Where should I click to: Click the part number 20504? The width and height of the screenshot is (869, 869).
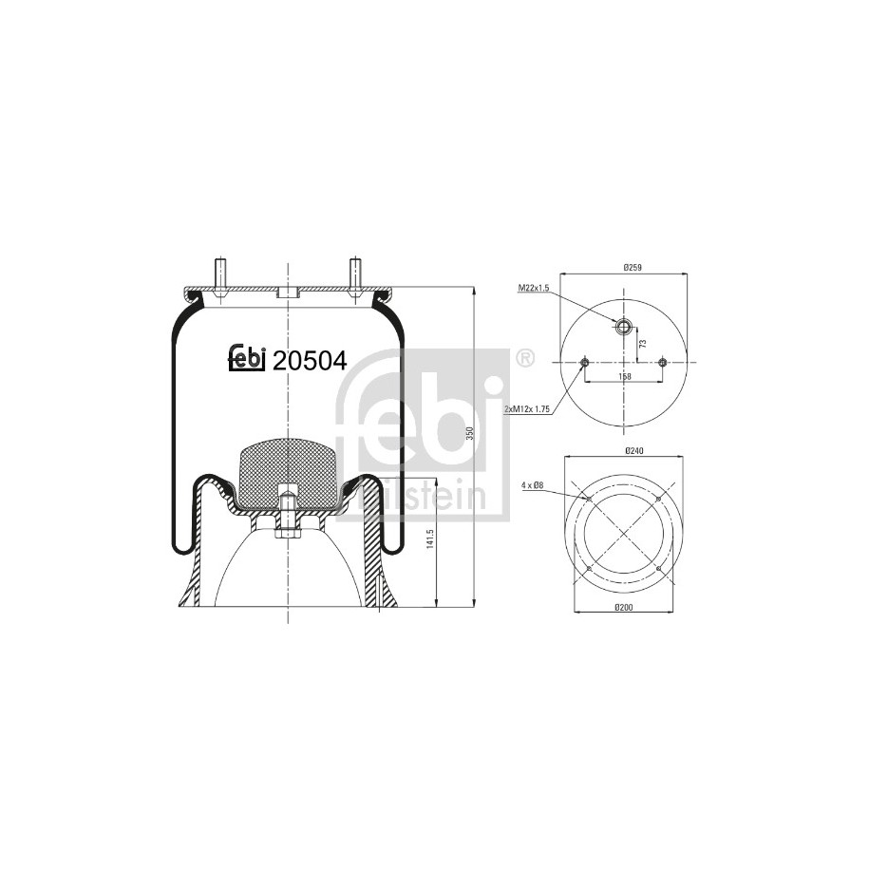point(311,361)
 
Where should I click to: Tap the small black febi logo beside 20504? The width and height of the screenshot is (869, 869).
point(248,358)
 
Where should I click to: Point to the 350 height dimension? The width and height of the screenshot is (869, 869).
point(470,433)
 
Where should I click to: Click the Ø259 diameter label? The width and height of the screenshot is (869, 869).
point(633,268)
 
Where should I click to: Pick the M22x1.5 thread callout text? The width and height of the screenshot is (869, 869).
point(533,288)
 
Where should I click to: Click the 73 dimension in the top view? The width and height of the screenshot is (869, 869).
point(643,344)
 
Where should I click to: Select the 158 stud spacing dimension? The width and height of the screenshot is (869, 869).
point(625,377)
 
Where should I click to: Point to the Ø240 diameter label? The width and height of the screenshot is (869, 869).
point(633,451)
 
